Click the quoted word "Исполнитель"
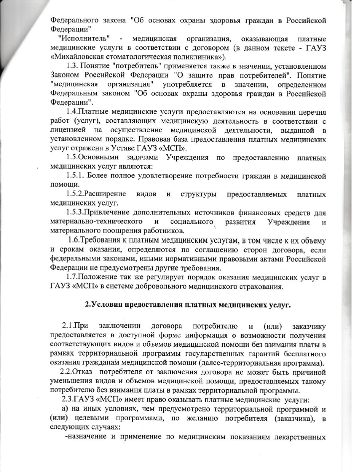(x=83, y=38)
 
